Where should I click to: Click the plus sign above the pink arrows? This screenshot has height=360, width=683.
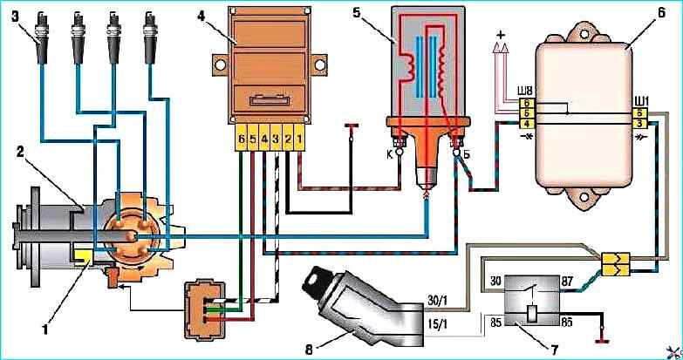pyautogui.click(x=501, y=35)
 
